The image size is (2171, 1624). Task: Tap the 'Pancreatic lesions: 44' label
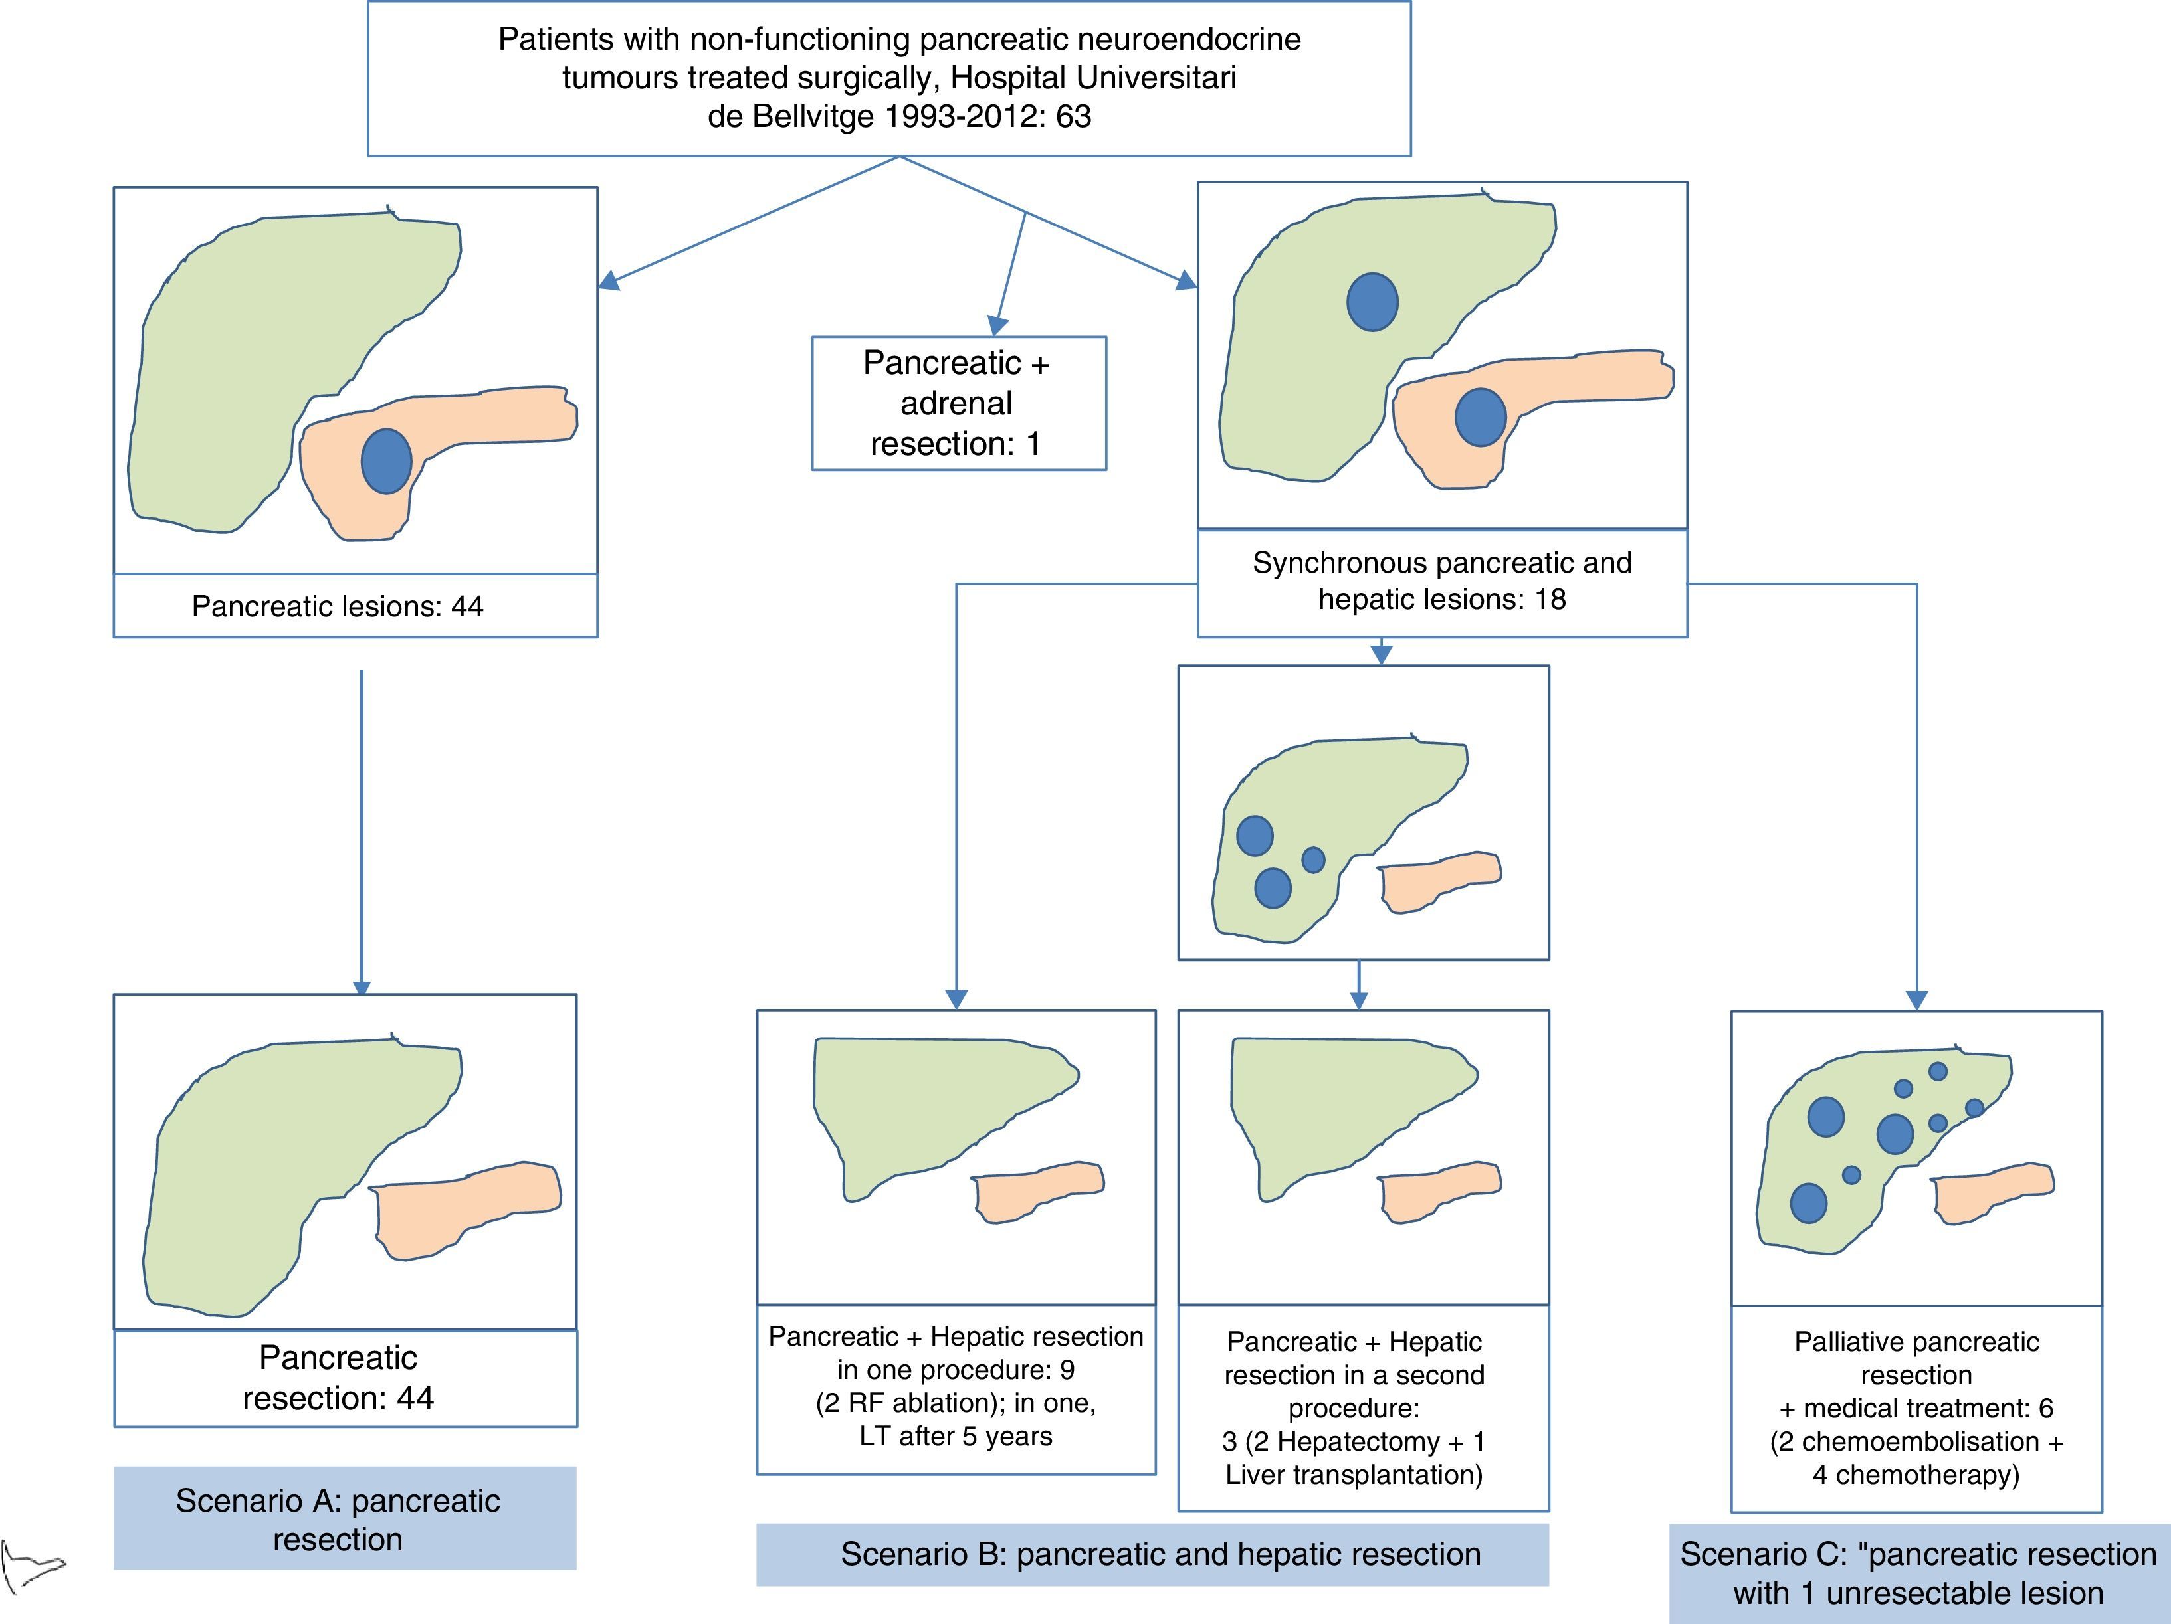tap(337, 606)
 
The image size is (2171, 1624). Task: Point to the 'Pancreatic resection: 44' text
tap(338, 1378)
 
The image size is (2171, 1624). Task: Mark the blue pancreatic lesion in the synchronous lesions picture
tap(1479, 417)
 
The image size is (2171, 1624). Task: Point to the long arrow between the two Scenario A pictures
tap(362, 824)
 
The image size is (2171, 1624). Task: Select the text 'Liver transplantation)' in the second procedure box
tap(1354, 1475)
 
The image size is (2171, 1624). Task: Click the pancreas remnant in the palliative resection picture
tap(1992, 1193)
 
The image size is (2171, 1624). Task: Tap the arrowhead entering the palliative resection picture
tap(1916, 1000)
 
